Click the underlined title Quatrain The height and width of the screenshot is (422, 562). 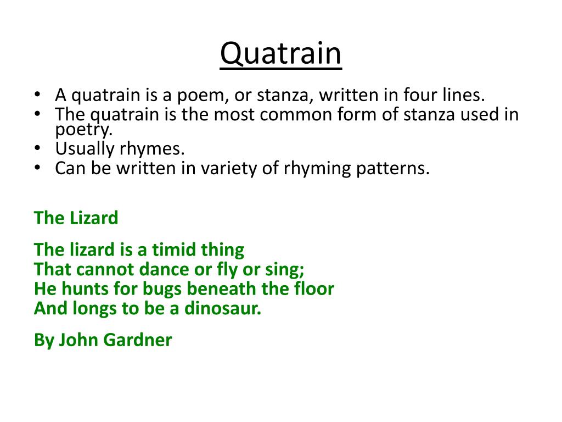(280, 54)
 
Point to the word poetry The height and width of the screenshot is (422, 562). (83, 130)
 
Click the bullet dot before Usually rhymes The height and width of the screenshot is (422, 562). (37, 148)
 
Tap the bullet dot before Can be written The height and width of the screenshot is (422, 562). (37, 168)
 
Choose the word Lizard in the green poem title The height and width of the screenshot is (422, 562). (93, 218)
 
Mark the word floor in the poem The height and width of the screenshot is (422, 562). (315, 289)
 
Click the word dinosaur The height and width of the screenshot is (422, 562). (222, 308)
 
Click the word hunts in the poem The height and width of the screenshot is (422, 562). (80, 289)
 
